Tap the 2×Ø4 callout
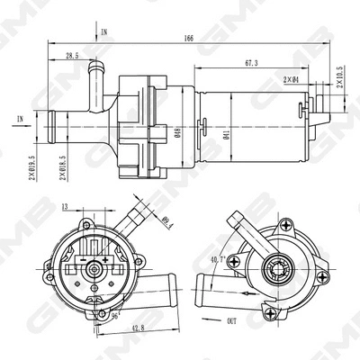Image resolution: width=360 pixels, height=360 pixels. [292, 80]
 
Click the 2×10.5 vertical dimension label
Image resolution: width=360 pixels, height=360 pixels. [339, 78]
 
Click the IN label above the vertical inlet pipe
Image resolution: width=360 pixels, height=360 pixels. [105, 31]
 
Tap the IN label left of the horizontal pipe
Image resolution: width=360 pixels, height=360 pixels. [20, 118]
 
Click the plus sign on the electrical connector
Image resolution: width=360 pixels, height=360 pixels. [105, 259]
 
